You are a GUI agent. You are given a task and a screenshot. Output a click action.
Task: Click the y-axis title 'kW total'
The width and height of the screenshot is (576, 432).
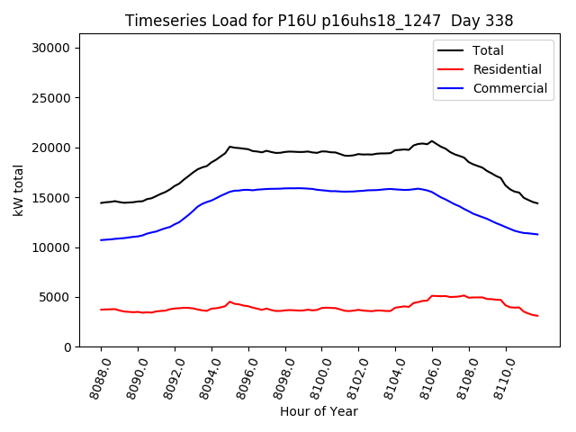[x=19, y=190]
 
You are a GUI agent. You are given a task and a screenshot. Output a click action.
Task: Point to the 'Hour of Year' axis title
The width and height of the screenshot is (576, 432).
[x=319, y=411]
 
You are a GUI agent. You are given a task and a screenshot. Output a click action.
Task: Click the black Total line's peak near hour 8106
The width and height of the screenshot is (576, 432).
[x=432, y=141]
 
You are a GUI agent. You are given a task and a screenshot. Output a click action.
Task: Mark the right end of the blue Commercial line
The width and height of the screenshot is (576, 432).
[x=537, y=234]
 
